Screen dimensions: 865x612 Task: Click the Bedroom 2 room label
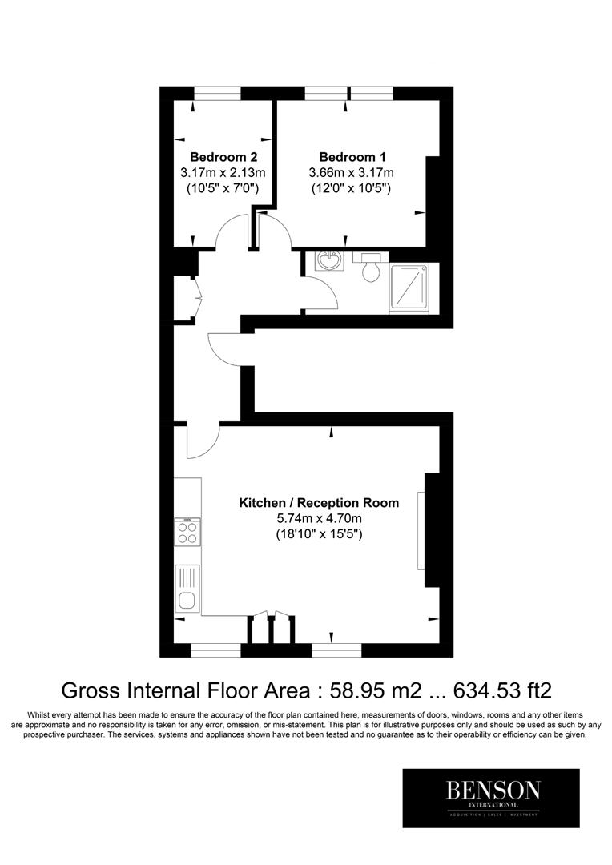(x=223, y=156)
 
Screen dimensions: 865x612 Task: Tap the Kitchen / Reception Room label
(x=319, y=503)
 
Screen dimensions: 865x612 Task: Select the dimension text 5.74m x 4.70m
(x=319, y=518)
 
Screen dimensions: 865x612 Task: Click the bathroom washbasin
(x=327, y=261)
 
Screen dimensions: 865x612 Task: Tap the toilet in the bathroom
(x=370, y=268)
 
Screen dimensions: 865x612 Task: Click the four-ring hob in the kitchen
(x=188, y=531)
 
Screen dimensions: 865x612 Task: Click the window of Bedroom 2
(x=217, y=93)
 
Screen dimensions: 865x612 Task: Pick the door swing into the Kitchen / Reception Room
(x=202, y=442)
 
